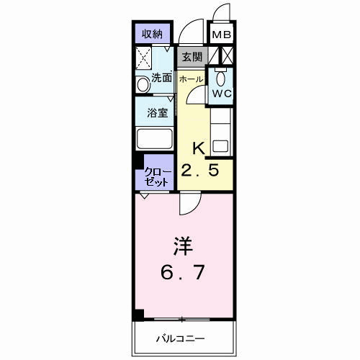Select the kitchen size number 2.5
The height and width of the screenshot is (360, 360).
(200, 171)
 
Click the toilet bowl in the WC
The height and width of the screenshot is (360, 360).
(220, 78)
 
